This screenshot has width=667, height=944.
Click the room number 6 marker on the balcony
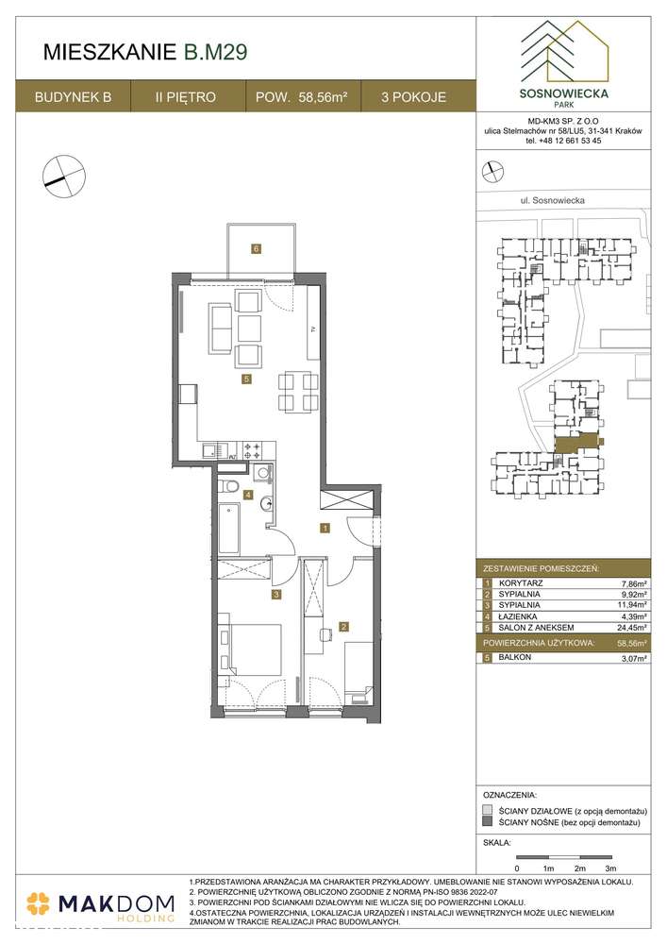tap(255, 249)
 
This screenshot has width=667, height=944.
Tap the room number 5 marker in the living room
tap(245, 379)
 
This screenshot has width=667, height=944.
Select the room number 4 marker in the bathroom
tap(248, 494)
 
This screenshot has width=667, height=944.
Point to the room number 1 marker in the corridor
tap(325, 529)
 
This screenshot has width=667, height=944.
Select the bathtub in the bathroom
tap(229, 529)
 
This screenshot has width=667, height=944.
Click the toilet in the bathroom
tap(227, 486)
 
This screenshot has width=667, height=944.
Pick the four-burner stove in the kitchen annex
tap(253, 451)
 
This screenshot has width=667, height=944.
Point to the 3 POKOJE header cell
tap(414, 97)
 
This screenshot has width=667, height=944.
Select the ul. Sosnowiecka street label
tap(554, 200)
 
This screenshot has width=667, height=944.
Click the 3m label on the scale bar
tap(611, 866)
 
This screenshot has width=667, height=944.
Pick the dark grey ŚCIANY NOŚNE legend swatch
tap(487, 823)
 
